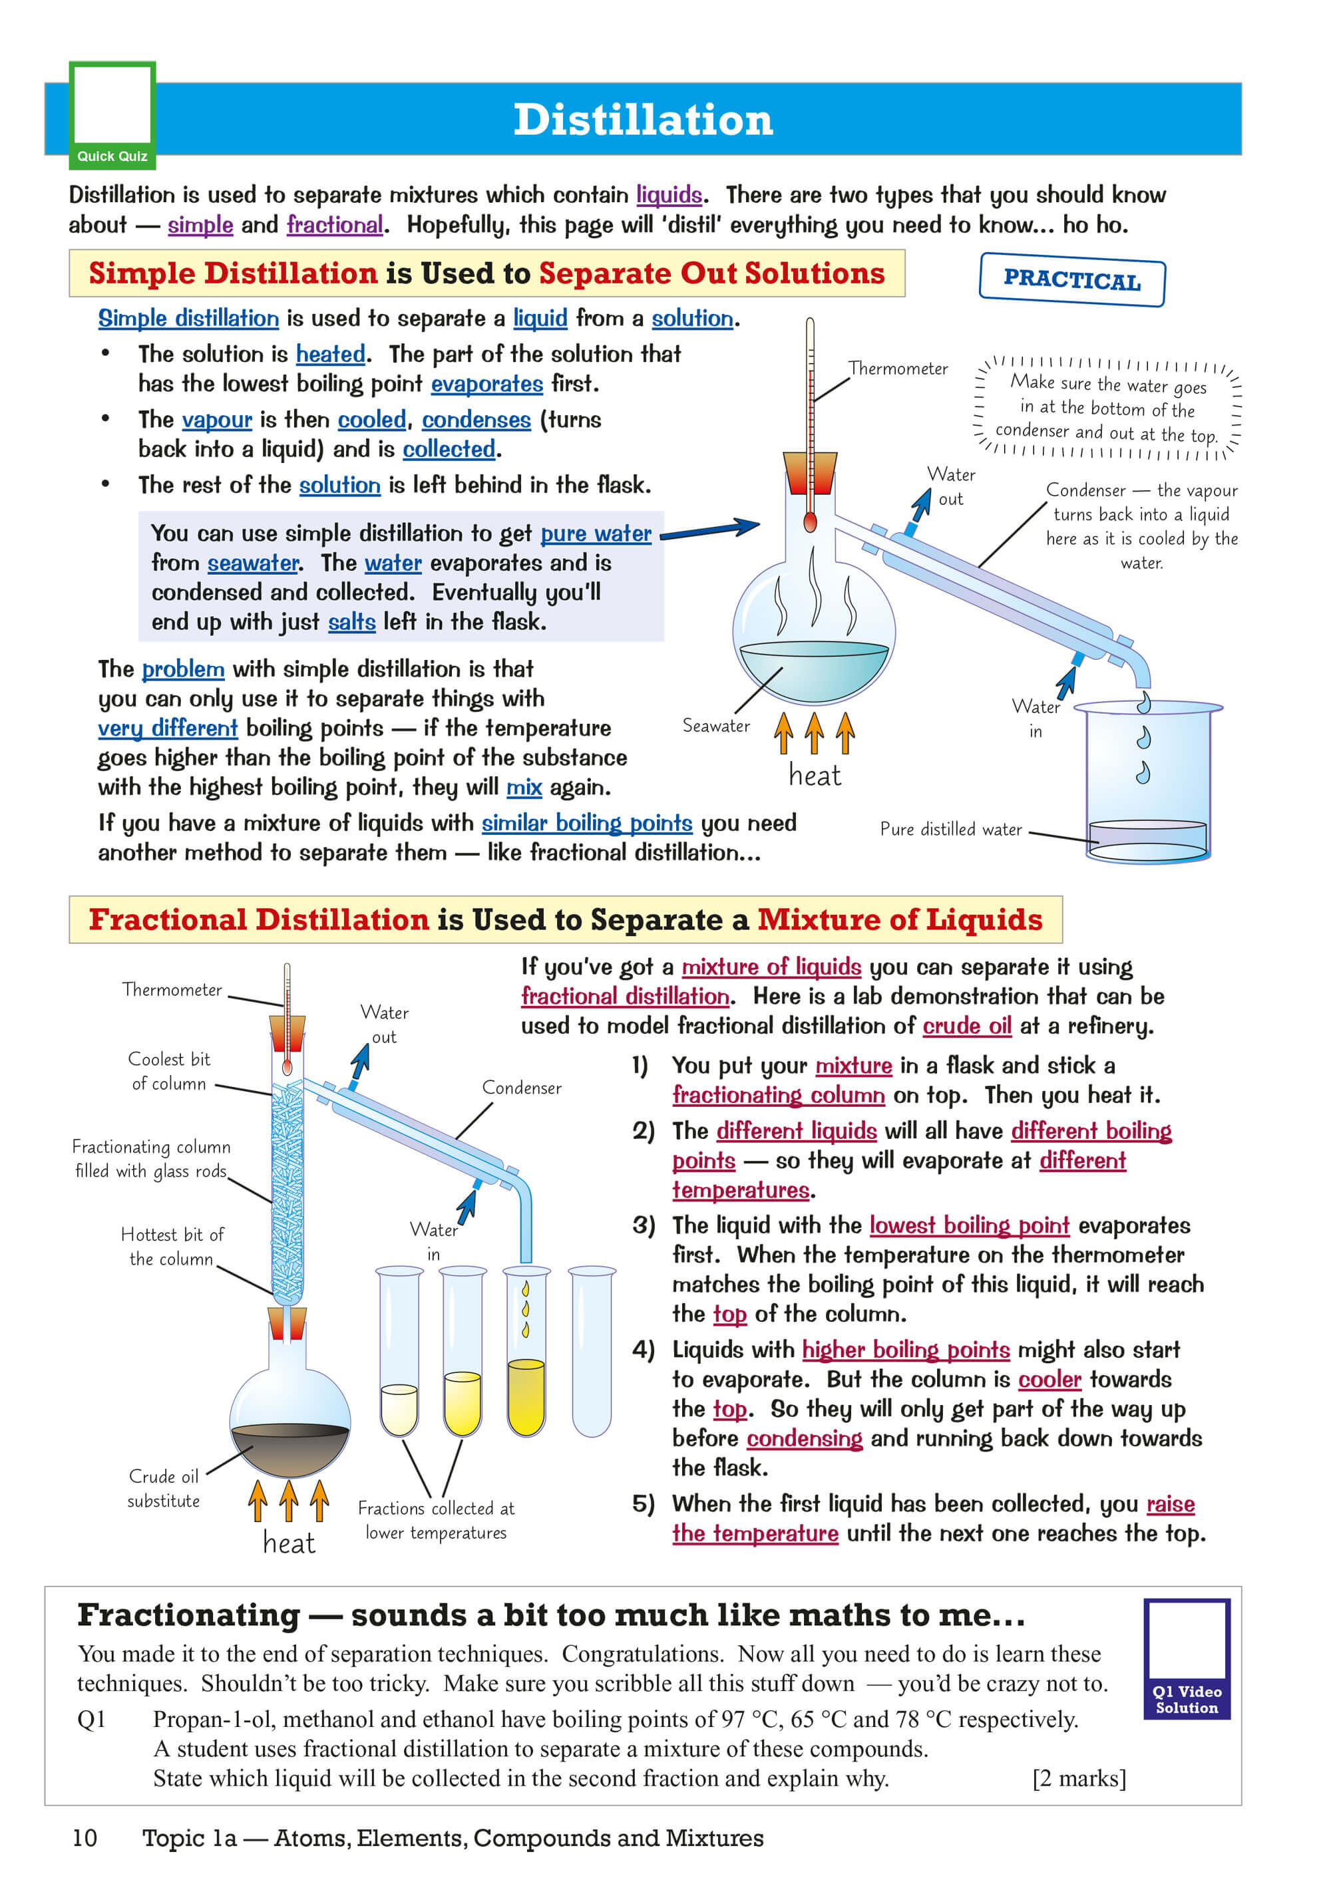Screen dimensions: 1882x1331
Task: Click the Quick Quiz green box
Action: pos(112,114)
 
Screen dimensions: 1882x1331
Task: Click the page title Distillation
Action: pos(643,120)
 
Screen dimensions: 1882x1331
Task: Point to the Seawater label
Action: pos(715,725)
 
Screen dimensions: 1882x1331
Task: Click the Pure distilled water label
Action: pos(950,829)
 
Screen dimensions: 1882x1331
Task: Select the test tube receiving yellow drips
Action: pos(526,1352)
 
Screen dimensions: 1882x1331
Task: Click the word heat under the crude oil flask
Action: pos(289,1543)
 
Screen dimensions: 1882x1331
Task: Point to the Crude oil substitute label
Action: pos(163,1488)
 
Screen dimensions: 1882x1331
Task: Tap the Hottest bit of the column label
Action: pos(172,1246)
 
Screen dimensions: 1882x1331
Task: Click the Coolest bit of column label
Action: pos(169,1070)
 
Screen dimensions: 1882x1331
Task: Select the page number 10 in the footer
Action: pos(85,1837)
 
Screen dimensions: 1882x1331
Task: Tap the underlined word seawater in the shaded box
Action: pos(253,563)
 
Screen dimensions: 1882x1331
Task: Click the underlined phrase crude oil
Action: pos(967,1026)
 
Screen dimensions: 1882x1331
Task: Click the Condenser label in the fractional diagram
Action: pos(522,1088)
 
